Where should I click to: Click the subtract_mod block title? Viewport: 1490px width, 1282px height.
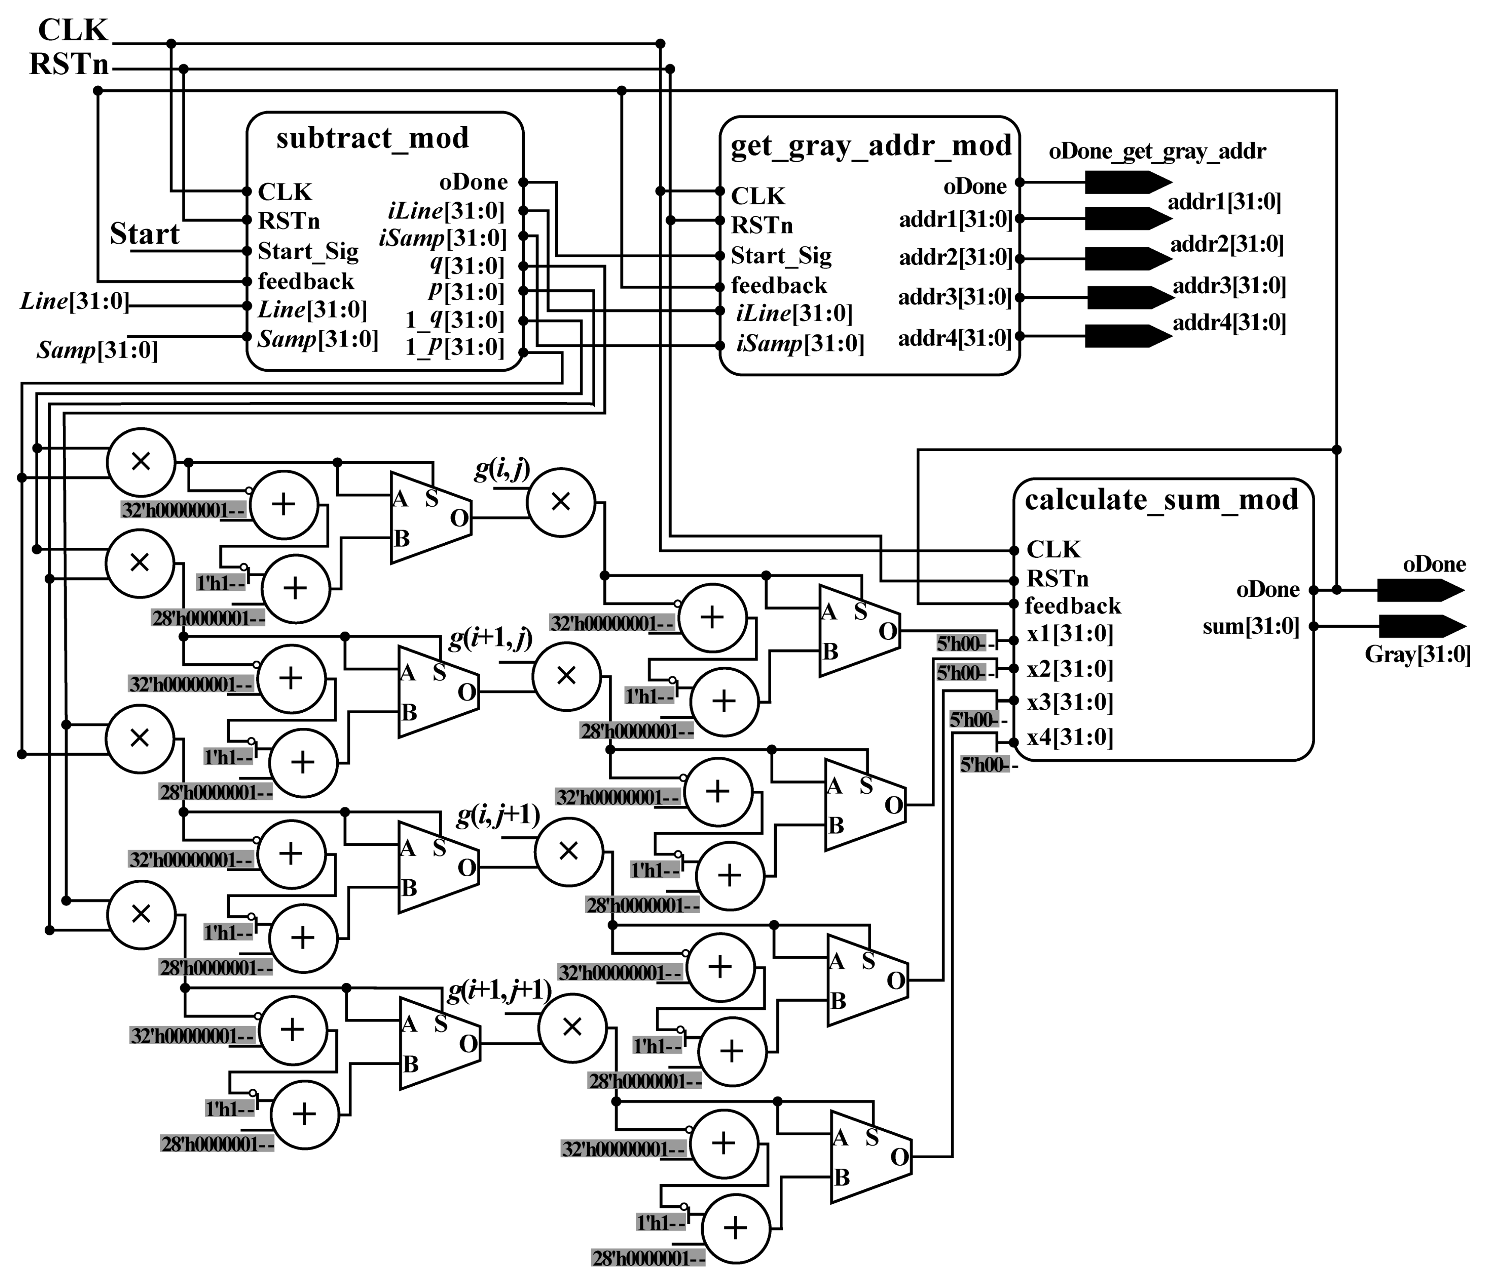click(373, 138)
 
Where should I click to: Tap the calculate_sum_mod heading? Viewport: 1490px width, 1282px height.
click(1162, 499)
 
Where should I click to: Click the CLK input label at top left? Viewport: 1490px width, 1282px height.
click(72, 30)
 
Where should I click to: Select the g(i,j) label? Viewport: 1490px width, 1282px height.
click(502, 470)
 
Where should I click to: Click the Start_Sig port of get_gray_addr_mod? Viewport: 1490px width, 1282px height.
click(781, 255)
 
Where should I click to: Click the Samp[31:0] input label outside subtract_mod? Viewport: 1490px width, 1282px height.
click(97, 350)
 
